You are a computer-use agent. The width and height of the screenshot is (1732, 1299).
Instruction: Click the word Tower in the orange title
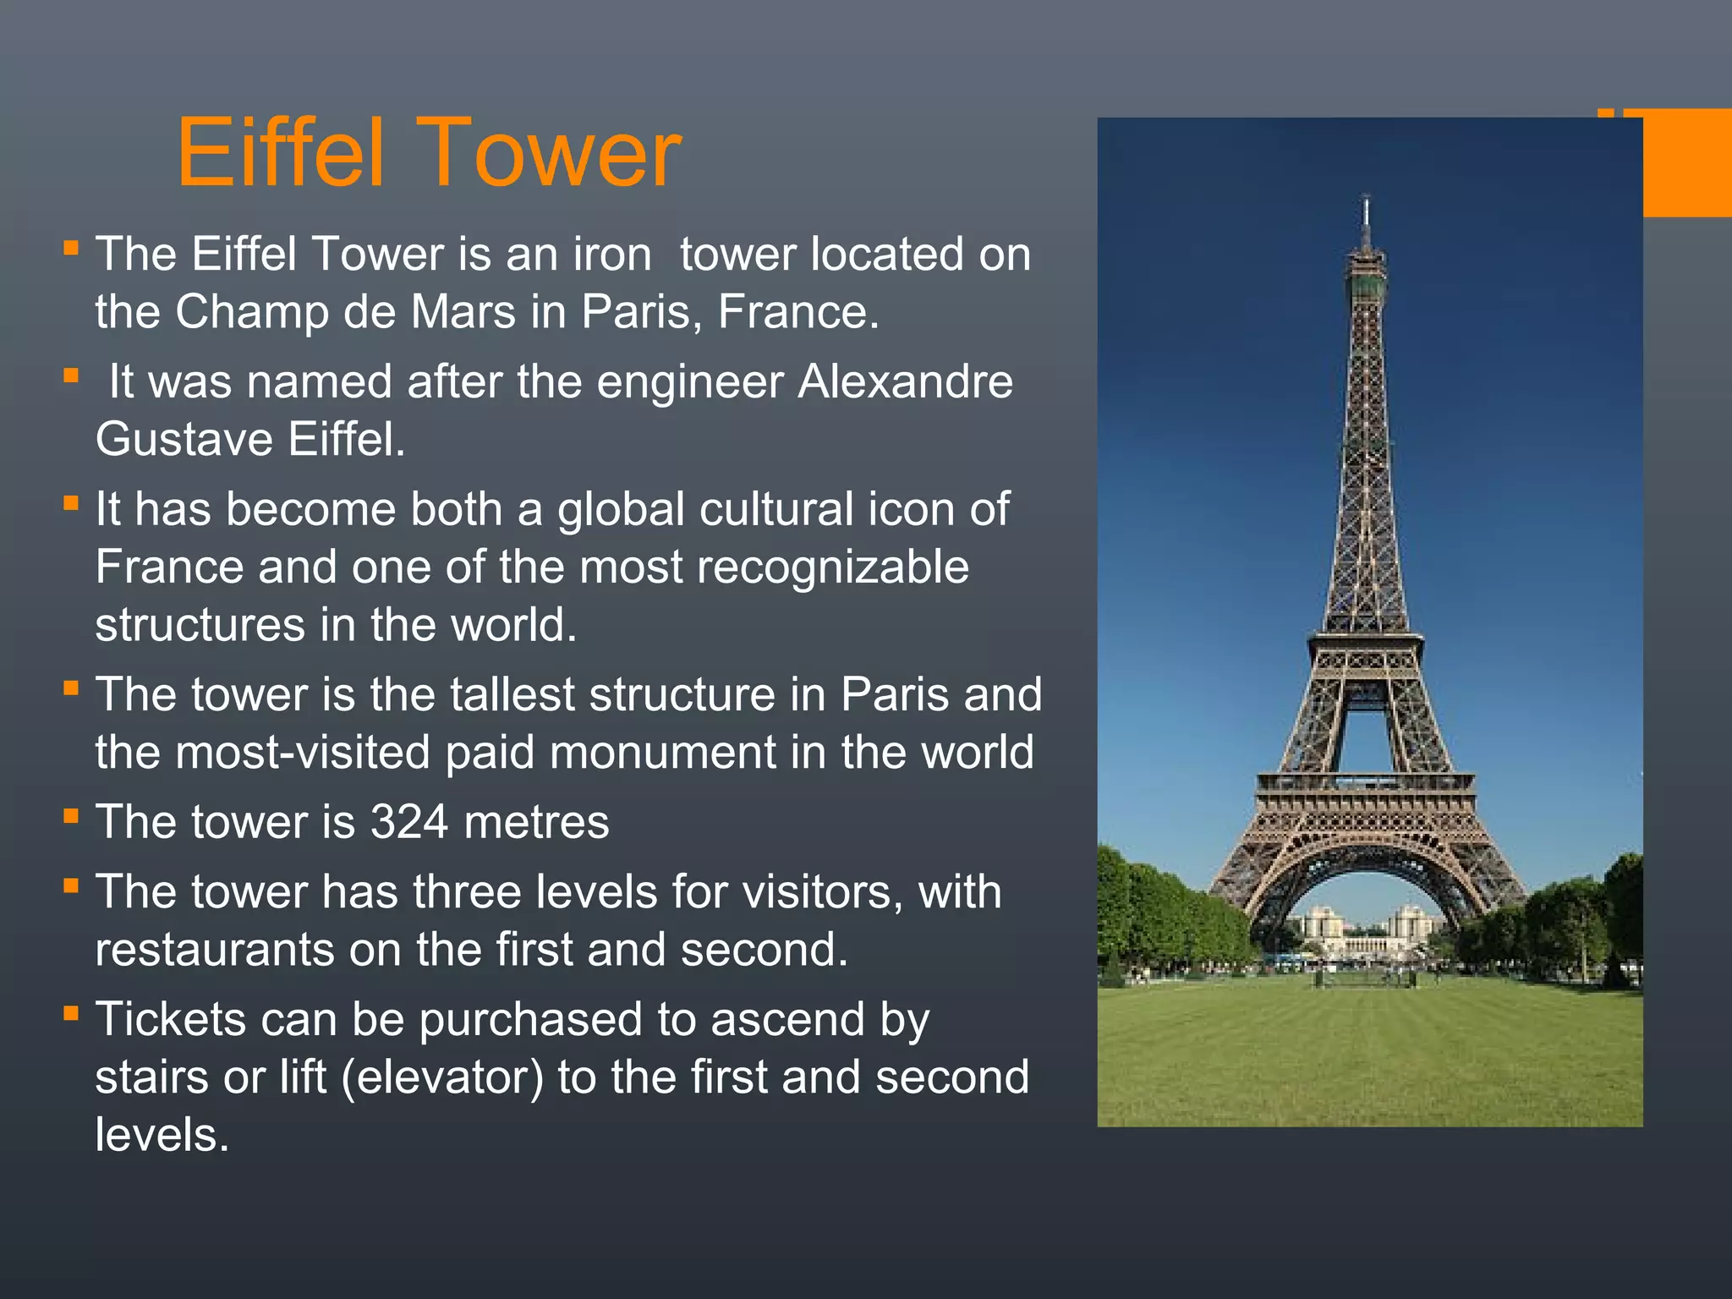(549, 154)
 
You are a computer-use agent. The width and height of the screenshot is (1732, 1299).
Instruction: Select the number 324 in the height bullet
(409, 822)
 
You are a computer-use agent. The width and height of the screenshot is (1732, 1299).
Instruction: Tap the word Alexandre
(905, 381)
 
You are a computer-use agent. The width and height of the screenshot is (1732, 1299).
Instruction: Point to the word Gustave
(184, 440)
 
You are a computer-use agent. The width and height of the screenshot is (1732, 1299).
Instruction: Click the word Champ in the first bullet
(251, 312)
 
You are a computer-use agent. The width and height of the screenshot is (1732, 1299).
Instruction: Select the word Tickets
(170, 1020)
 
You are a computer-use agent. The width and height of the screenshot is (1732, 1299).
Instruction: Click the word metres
(536, 822)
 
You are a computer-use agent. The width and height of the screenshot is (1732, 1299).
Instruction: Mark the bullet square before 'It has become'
(71, 504)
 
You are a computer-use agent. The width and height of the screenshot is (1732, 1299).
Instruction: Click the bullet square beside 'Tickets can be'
(71, 1013)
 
